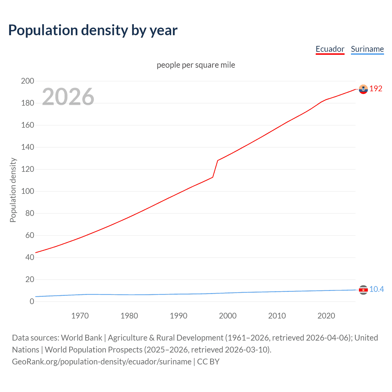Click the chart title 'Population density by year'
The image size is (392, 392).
pos(93,30)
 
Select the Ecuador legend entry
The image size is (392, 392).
pos(330,49)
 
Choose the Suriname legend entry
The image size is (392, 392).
pos(367,49)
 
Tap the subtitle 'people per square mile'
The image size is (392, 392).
pos(196,65)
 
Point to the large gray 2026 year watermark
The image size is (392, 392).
pos(68,97)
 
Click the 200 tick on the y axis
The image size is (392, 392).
pos(28,81)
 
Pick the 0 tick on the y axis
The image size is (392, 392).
pos(32,302)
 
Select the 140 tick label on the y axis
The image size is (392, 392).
pos(28,147)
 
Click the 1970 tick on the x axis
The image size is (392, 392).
pos(80,316)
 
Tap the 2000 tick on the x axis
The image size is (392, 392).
pos(228,316)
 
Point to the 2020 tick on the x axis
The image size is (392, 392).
pos(326,316)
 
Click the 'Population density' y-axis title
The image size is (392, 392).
pos(13,190)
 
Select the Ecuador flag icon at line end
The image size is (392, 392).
pos(363,89)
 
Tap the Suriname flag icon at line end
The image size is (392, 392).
pos(363,290)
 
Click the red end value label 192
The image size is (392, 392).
pos(376,89)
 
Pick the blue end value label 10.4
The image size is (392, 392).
pos(376,289)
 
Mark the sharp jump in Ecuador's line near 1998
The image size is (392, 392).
pos(215,168)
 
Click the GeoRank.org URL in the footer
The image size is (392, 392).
pos(102,362)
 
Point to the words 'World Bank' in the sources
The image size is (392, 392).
pos(81,338)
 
